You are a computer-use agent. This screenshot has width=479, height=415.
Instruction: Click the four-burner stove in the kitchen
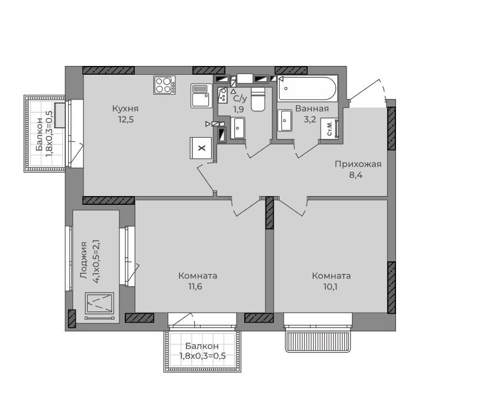(165, 85)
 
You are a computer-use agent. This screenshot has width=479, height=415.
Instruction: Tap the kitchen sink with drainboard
(201, 95)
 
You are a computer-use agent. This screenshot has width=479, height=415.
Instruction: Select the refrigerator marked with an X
(201, 148)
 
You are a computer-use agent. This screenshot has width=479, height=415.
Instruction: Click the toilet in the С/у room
(258, 99)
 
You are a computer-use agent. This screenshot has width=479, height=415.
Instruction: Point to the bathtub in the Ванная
(308, 89)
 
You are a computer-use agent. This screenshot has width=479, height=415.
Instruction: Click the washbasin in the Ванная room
(285, 121)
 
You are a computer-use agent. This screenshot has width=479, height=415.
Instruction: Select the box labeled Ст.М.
(330, 128)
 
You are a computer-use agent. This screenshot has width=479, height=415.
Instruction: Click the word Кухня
(125, 108)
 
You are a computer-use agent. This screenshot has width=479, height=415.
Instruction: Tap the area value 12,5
(126, 119)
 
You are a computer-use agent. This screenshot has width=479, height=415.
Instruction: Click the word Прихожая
(358, 164)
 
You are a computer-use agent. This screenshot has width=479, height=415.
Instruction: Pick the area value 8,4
(356, 175)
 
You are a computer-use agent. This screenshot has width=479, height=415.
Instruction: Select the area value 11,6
(195, 287)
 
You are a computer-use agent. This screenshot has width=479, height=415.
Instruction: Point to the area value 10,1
(330, 287)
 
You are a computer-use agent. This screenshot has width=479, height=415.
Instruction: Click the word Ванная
(312, 108)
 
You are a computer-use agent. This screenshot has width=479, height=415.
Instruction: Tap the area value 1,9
(238, 109)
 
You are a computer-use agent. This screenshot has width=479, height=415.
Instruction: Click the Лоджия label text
(84, 260)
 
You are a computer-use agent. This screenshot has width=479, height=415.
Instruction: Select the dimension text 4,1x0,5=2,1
(97, 261)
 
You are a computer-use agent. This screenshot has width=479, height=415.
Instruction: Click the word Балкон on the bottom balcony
(202, 346)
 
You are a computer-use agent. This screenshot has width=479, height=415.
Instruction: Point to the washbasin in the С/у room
(238, 128)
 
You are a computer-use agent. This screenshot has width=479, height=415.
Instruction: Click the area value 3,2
(310, 119)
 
